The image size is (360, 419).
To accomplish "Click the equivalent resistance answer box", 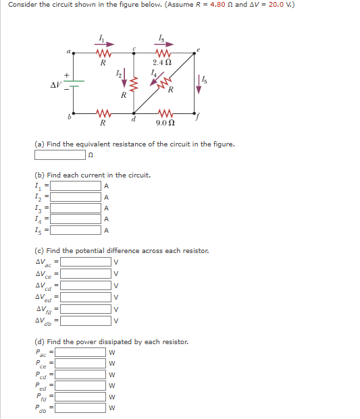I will click(x=61, y=155).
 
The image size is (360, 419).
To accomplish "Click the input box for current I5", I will click(x=76, y=230).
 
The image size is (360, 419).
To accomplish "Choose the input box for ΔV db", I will click(x=86, y=320).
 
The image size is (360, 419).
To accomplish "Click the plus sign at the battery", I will click(x=66, y=75).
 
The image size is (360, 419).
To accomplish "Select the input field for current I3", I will click(x=76, y=208).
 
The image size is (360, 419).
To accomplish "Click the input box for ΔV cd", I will click(x=86, y=285).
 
